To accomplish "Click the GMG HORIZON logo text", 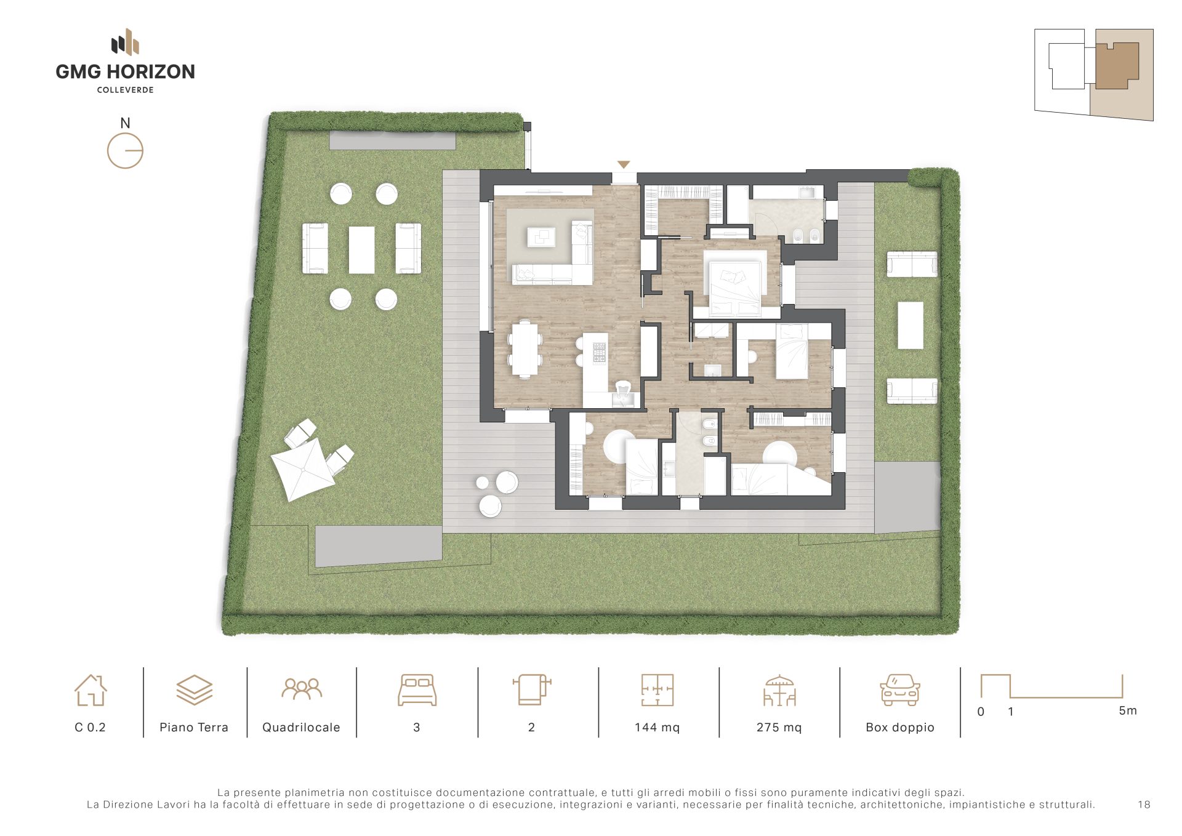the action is (125, 72).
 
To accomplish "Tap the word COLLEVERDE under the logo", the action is (126, 90).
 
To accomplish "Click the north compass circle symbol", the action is (125, 151).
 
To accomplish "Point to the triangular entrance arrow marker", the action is (624, 164).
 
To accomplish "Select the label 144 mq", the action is (657, 727).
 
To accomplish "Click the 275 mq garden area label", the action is (779, 727).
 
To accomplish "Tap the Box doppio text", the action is (900, 728).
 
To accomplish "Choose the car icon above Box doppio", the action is (900, 690).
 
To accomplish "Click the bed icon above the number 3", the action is (417, 690).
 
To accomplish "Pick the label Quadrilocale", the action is (301, 727).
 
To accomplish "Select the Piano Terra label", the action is (194, 727).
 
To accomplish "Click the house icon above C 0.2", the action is (90, 690).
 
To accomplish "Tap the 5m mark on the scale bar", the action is (1128, 710).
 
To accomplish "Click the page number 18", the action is (1144, 804).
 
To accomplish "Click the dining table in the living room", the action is (525, 349).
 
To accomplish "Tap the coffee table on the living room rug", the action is (541, 237).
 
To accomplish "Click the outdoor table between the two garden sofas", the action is (361, 250).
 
